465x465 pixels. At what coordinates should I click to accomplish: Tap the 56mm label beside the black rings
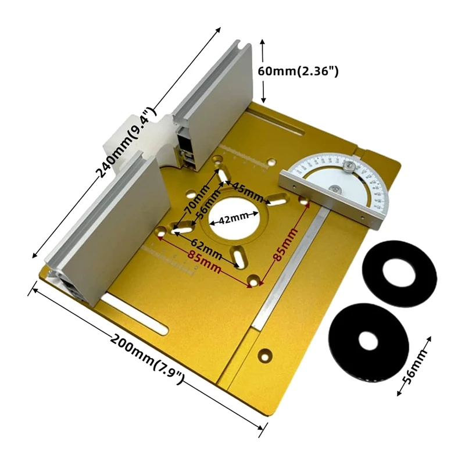point(417,365)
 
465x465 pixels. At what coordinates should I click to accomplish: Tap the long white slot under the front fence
point(137,317)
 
